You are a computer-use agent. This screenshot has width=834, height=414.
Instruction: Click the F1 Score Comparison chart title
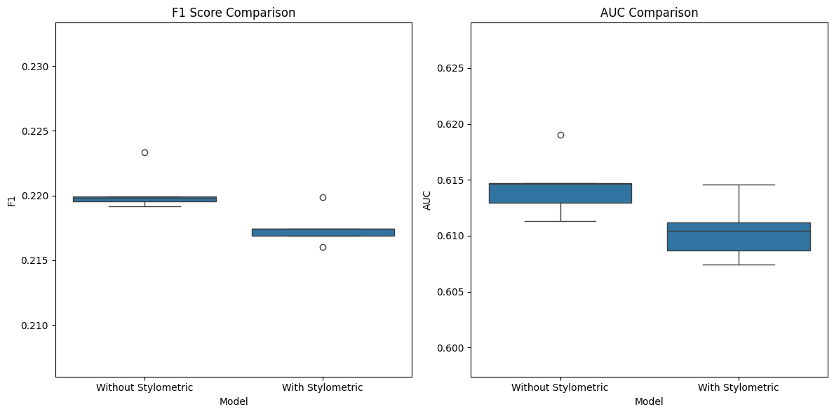234,13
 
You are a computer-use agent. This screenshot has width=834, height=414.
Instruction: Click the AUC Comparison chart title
649,13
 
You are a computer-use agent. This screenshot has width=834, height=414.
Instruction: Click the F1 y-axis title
11,201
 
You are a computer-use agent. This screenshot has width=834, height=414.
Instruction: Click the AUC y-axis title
426,201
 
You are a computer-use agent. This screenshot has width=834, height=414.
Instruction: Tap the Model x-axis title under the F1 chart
234,401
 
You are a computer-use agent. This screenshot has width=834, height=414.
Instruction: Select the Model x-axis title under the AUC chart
649,401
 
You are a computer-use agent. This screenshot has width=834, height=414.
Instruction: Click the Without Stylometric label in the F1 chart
144,387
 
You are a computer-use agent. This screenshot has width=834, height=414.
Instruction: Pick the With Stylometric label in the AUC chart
738,387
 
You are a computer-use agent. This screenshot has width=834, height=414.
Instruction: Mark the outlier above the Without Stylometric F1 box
144,152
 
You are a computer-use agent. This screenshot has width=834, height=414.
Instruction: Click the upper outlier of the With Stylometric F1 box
323,197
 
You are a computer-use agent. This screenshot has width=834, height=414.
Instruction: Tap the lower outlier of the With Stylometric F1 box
323,247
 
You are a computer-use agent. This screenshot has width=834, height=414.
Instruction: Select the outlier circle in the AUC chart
560,135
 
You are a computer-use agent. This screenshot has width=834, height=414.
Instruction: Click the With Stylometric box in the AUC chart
738,237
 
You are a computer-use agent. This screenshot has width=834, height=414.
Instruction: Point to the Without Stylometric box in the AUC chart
560,193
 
